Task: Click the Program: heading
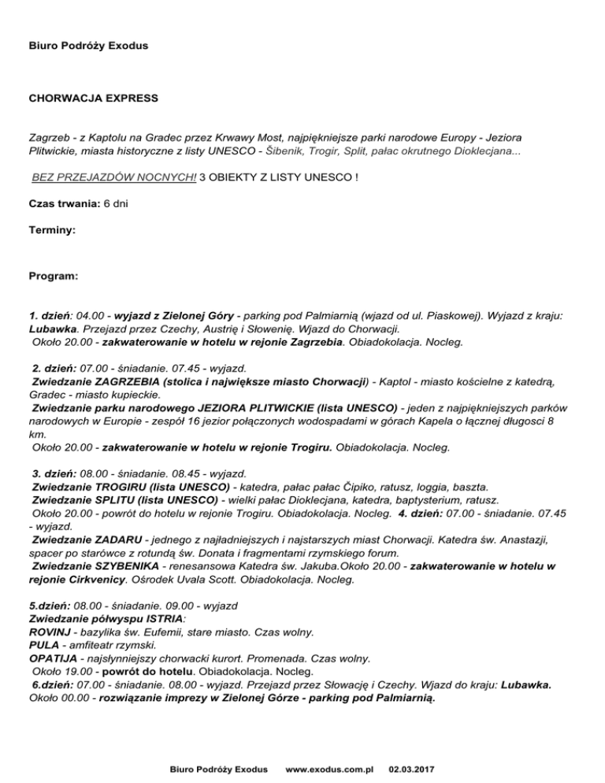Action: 54,276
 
